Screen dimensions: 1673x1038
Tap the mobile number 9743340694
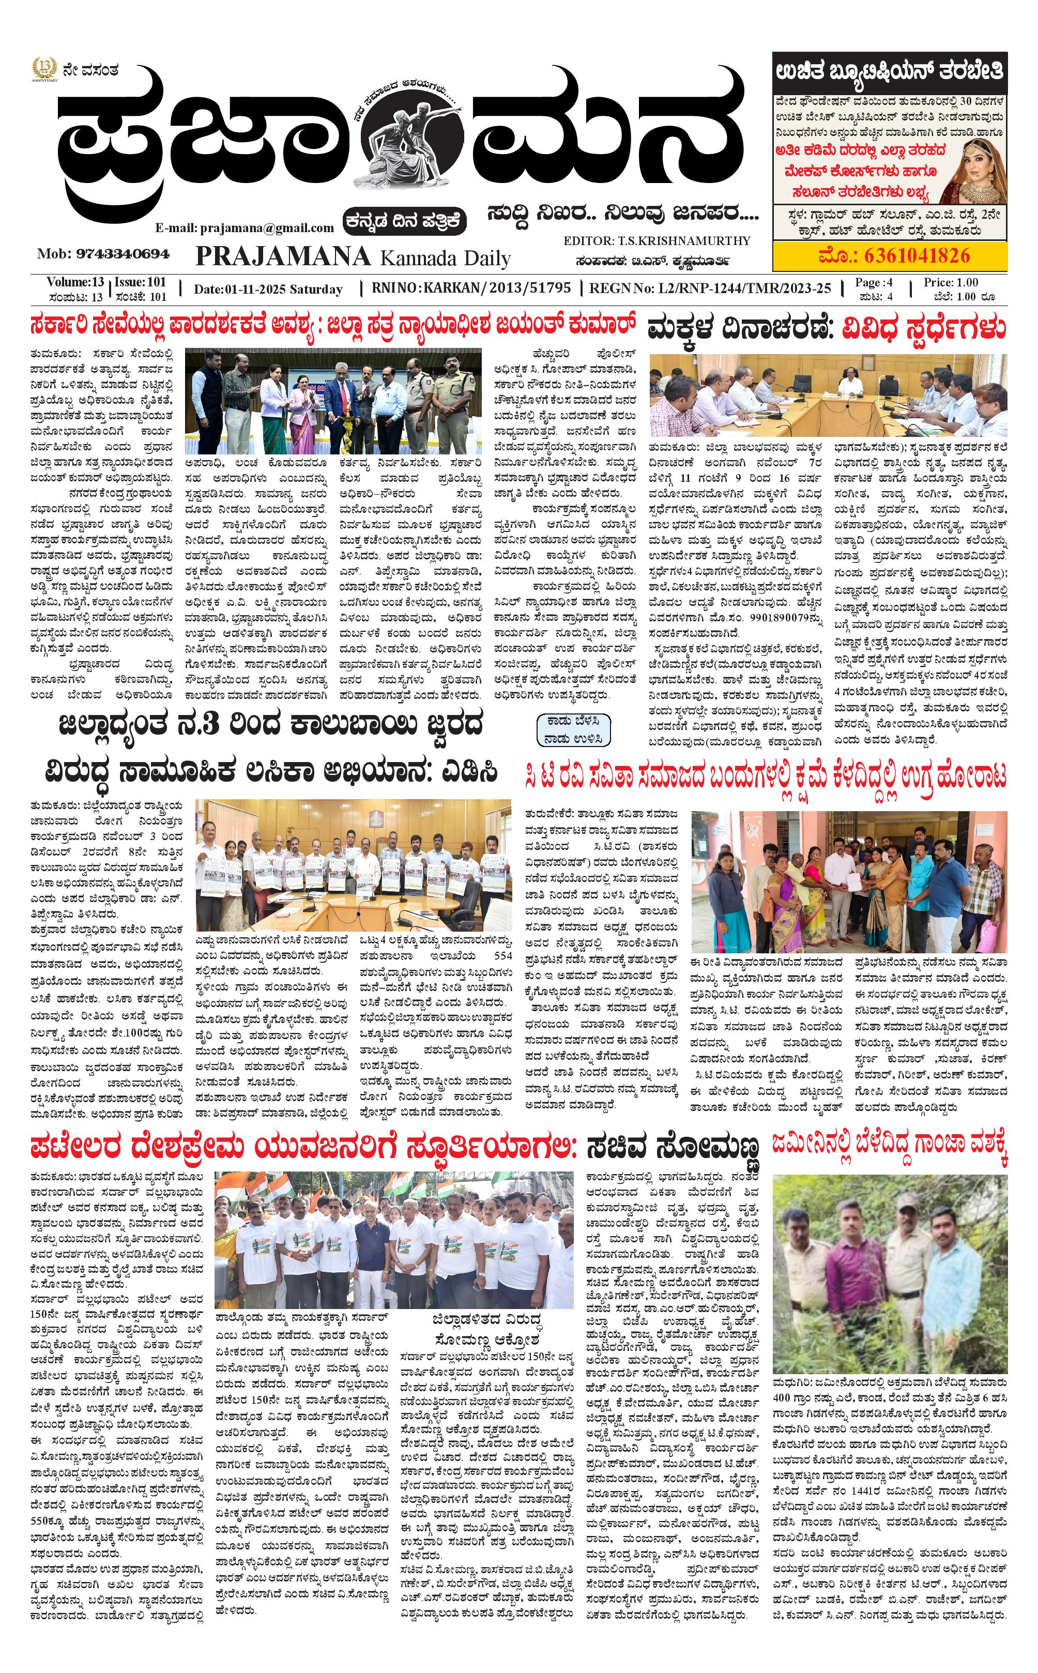123,254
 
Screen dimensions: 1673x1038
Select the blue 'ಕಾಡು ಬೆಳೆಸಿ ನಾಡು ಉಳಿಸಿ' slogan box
573,729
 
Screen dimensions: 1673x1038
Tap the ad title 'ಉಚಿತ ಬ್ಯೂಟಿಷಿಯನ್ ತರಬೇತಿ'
889,71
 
